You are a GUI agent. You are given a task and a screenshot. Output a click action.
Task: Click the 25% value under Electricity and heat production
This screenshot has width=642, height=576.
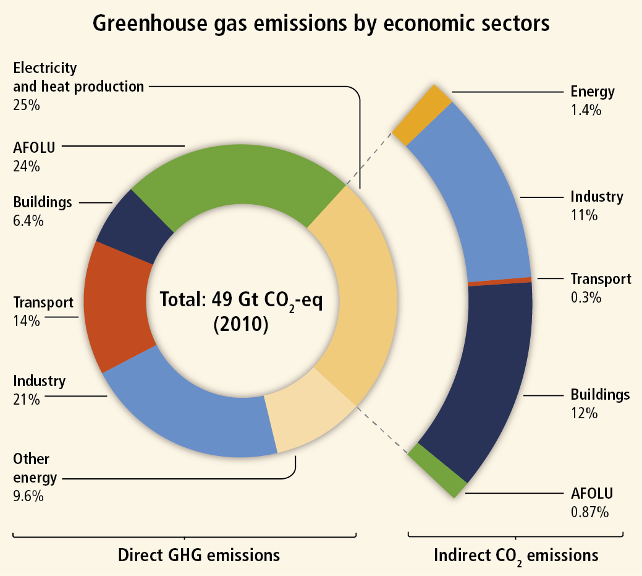(26, 105)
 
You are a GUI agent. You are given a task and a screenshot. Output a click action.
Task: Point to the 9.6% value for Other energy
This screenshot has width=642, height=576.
(28, 496)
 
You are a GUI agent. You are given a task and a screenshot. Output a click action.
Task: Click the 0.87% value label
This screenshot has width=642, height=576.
(589, 512)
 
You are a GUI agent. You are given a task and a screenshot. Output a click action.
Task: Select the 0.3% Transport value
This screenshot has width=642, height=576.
(586, 297)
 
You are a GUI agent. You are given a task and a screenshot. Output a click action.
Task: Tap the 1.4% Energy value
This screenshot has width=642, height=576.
(586, 111)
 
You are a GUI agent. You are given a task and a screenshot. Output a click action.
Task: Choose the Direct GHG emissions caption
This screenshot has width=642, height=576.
(198, 554)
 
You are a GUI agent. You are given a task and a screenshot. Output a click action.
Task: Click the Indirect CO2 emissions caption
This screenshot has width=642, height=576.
(516, 555)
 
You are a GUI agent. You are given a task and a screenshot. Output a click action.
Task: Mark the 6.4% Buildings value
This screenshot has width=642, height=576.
(28, 220)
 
